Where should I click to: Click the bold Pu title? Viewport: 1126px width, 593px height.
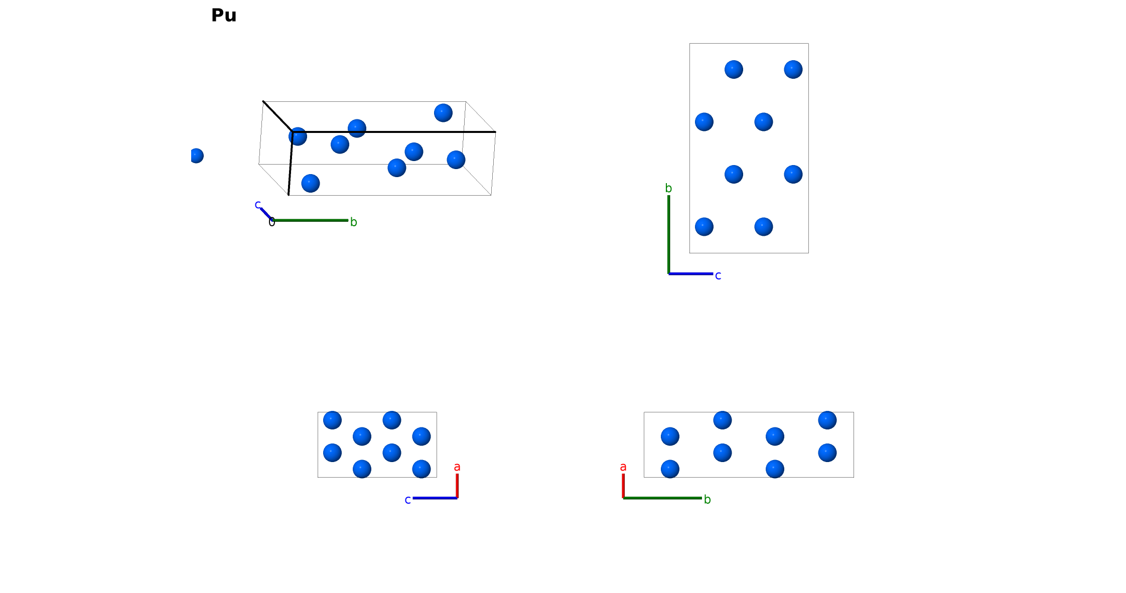(x=224, y=16)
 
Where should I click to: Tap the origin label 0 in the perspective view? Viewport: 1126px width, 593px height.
(x=272, y=222)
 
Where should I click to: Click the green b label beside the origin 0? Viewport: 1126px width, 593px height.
(x=354, y=222)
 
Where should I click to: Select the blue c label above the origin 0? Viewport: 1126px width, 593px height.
(x=258, y=205)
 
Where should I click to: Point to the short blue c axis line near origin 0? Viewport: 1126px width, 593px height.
(x=266, y=214)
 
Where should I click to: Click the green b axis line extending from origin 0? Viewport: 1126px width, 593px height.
(x=310, y=220)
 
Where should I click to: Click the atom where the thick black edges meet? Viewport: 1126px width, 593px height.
(x=298, y=136)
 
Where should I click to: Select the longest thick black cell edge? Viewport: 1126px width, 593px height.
(x=394, y=132)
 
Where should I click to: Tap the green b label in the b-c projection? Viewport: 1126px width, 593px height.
(x=668, y=188)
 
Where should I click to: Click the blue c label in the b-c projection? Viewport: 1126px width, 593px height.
(x=718, y=275)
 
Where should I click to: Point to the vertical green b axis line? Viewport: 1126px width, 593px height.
(x=669, y=234)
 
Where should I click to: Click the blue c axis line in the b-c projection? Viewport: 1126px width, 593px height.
(x=691, y=274)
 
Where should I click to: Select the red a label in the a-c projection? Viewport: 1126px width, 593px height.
(x=457, y=467)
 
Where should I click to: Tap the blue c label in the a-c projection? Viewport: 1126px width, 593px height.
(x=408, y=500)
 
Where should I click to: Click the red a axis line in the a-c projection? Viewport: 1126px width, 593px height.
(x=457, y=486)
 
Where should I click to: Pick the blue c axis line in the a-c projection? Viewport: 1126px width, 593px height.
(x=435, y=498)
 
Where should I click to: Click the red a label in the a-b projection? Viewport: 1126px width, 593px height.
(x=623, y=467)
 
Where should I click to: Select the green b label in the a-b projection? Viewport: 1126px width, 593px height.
(x=708, y=500)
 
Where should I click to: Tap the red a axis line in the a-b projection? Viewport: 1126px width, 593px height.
(x=623, y=486)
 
